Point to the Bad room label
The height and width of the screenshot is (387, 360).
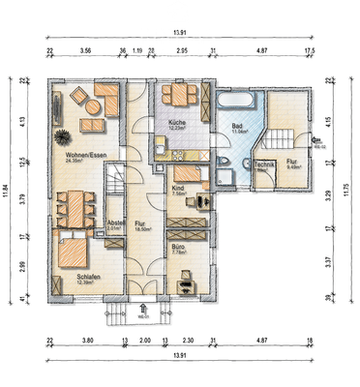pyautogui.click(x=236, y=126)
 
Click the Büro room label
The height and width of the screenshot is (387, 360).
pyautogui.click(x=177, y=247)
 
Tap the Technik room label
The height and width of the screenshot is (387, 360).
pyautogui.click(x=264, y=165)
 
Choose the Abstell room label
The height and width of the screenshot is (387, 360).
pyautogui.click(x=116, y=223)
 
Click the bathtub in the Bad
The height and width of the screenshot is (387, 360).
pyautogui.click(x=235, y=100)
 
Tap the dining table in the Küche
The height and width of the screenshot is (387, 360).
pyautogui.click(x=178, y=95)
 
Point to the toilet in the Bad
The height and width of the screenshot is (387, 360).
pyautogui.click(x=224, y=162)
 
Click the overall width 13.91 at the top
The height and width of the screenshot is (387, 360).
pyautogui.click(x=180, y=32)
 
